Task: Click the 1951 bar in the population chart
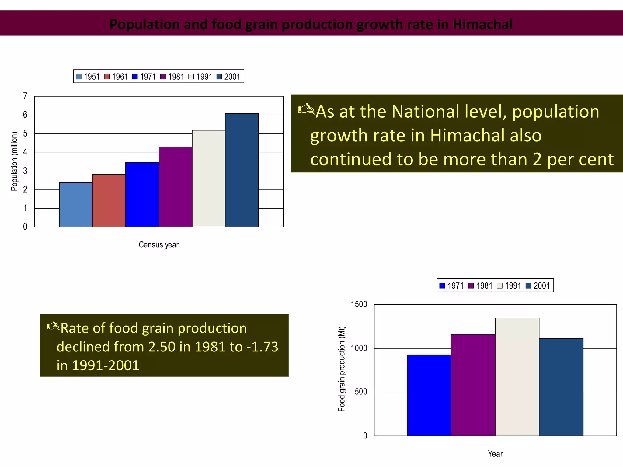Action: pos(76,205)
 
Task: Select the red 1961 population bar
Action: pos(109,200)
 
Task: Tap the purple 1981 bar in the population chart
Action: pos(176,187)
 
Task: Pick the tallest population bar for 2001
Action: pos(242,170)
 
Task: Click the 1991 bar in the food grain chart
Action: pos(517,377)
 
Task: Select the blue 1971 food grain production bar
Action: pos(429,395)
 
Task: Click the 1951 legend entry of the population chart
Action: pos(88,77)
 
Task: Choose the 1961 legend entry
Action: pos(116,77)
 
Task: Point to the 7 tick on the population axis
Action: pos(25,96)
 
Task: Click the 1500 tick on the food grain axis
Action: pos(359,304)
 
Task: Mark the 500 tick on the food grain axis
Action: pos(361,392)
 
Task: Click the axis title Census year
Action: pos(158,245)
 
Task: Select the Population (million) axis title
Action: pos(14,161)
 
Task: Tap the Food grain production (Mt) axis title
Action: pos(342,369)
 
